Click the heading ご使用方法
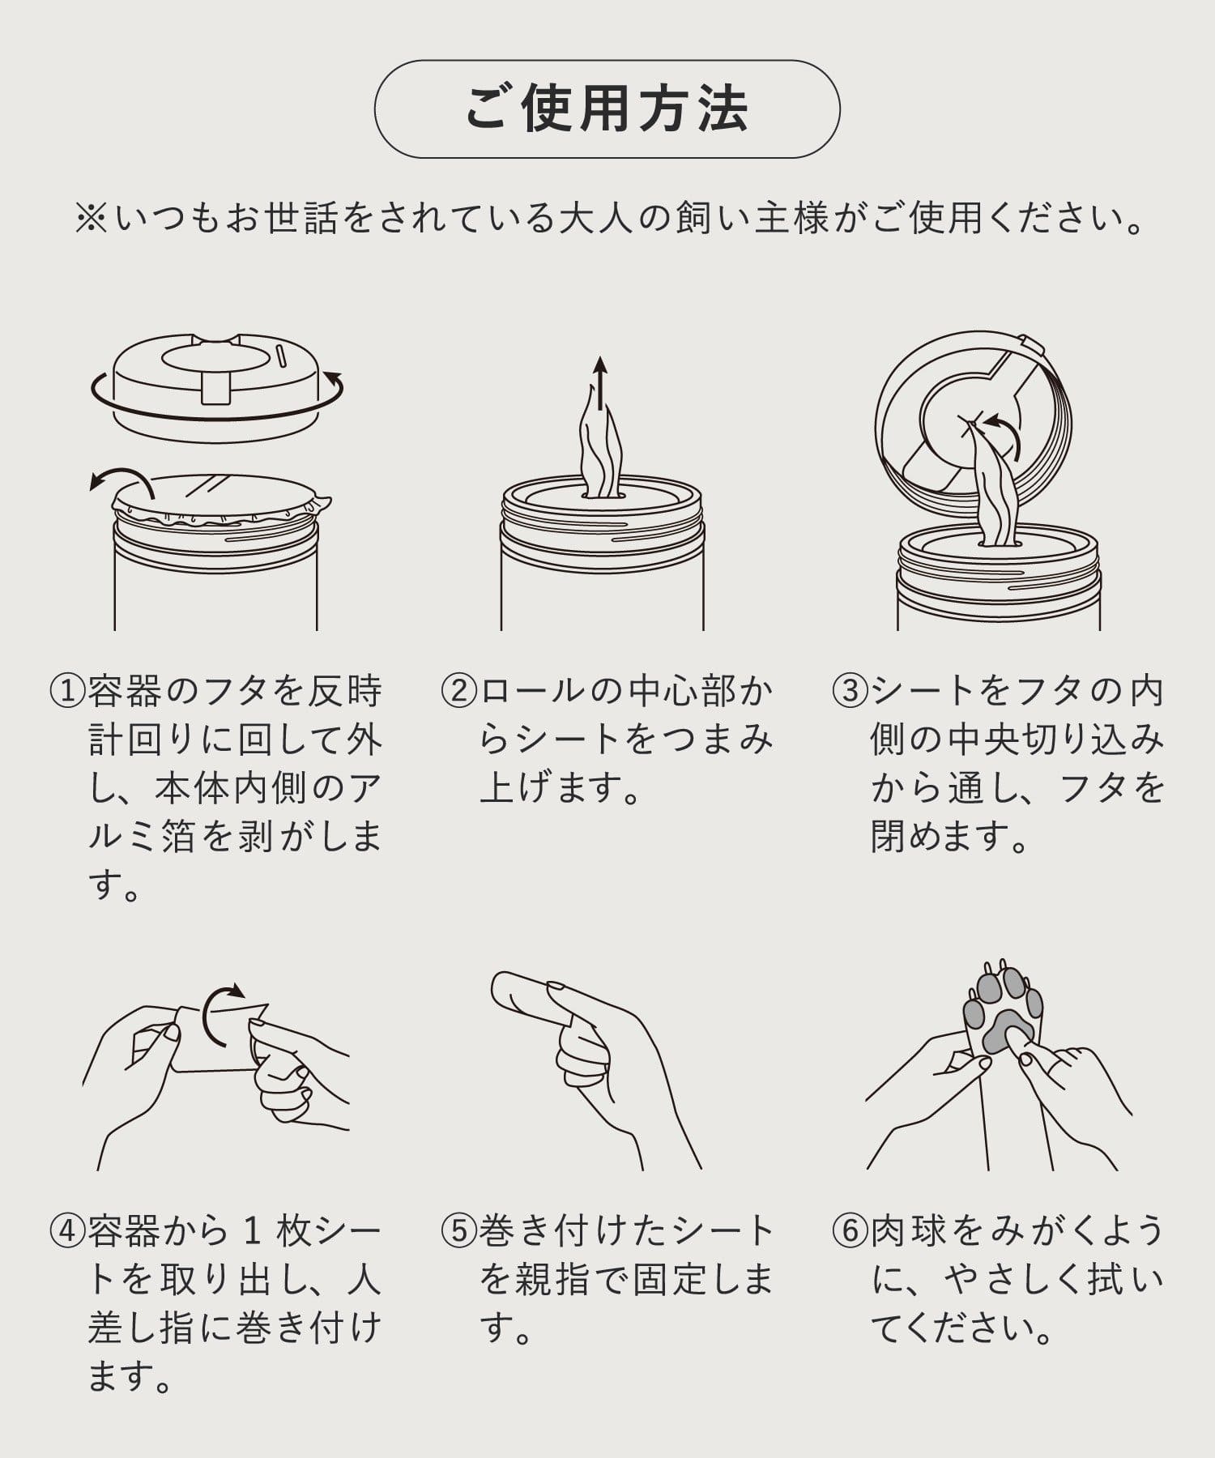607,109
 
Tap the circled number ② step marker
458,691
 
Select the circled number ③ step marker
850,691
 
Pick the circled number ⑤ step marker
458,1231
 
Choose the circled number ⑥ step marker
850,1231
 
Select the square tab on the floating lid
216,387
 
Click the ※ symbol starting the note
92,219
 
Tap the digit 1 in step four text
253,1232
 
